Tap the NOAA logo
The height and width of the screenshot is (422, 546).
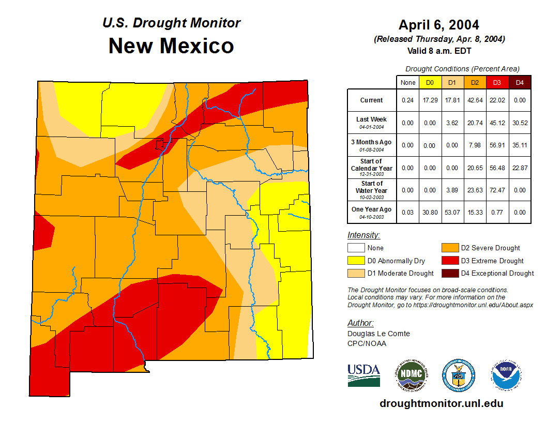coord(506,375)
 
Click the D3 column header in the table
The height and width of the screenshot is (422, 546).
coord(497,82)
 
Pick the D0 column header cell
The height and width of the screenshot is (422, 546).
coord(430,82)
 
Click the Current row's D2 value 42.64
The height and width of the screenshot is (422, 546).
coord(475,100)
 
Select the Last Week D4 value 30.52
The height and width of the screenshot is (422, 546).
coord(519,123)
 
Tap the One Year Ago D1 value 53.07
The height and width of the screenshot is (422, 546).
coord(452,212)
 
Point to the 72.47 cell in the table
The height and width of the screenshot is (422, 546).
coord(497,190)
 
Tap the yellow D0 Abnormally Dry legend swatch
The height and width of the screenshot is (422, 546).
coord(356,261)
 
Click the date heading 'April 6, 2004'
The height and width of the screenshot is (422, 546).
coord(438,25)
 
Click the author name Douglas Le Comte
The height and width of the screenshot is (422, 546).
coord(378,334)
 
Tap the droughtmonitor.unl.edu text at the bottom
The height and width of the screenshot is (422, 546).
coord(441,403)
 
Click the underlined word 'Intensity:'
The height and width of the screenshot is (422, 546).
coord(363,235)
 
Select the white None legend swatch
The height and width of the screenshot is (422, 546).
coord(356,248)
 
